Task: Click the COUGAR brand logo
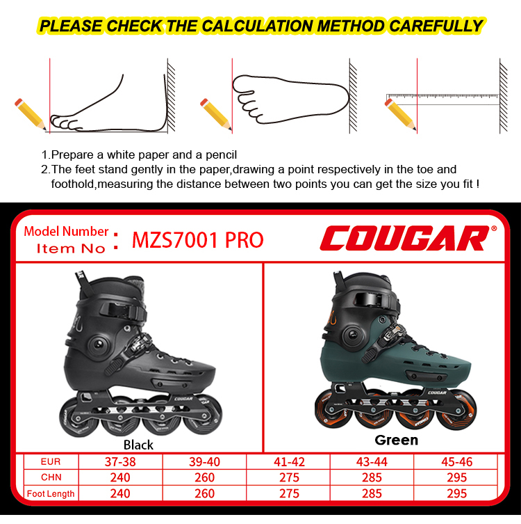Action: [x=404, y=238]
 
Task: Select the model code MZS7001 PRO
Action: [x=198, y=240]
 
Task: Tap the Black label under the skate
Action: [x=138, y=444]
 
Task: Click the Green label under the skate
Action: [x=396, y=440]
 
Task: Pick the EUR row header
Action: [x=51, y=462]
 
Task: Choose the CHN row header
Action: [x=51, y=478]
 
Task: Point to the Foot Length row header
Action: [x=51, y=493]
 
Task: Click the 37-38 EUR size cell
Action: [x=120, y=462]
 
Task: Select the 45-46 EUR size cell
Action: [x=456, y=462]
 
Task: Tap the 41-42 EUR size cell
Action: [x=289, y=462]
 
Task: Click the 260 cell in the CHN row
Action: [x=204, y=478]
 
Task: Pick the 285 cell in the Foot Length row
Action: [x=372, y=493]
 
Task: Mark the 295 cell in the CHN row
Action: [x=456, y=478]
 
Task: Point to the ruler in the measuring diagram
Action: [x=442, y=97]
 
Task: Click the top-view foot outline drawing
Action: [x=288, y=100]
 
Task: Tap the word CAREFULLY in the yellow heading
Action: [x=436, y=26]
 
